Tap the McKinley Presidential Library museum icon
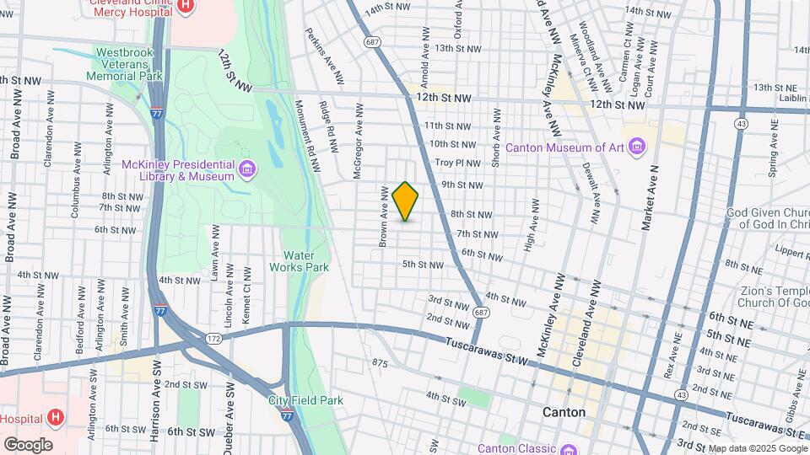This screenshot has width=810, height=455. click(x=246, y=170)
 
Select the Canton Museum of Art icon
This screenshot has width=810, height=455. click(x=636, y=148)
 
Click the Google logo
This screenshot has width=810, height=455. click(x=28, y=445)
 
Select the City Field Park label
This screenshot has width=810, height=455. click(x=306, y=400)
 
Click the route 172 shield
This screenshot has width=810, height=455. click(x=213, y=338)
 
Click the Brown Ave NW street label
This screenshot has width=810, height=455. click(x=383, y=217)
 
